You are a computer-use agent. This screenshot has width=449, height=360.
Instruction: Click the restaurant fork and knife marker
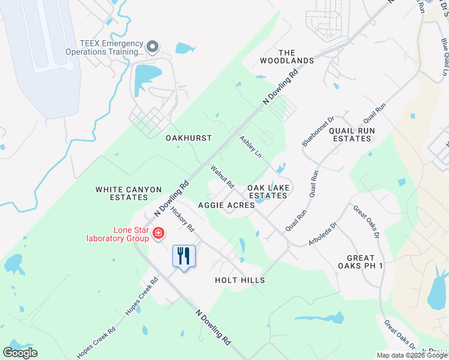coord(184,257)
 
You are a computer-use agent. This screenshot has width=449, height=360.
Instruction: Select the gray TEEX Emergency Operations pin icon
coord(153,46)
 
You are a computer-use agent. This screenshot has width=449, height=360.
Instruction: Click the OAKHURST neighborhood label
coord(188,138)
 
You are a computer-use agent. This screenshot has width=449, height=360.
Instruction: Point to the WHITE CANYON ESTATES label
coord(129,193)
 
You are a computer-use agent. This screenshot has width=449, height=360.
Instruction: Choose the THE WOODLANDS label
coord(287,56)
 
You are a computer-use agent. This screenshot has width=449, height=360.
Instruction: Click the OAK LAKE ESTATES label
coord(269,191)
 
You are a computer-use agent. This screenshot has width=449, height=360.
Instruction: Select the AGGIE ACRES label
coord(226,205)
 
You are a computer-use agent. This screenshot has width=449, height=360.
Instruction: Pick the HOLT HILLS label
coord(240,280)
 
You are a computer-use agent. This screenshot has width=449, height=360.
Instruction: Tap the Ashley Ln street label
coord(250,147)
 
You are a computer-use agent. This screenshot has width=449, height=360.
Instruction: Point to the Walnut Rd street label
coord(221,176)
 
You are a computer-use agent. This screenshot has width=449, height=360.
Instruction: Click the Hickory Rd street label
coord(183,220)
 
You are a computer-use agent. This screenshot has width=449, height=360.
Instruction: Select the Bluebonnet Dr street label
coord(309,131)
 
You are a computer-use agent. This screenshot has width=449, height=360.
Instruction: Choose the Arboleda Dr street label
coord(324,233)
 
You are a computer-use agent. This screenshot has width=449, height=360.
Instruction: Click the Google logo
coord(20,353)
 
